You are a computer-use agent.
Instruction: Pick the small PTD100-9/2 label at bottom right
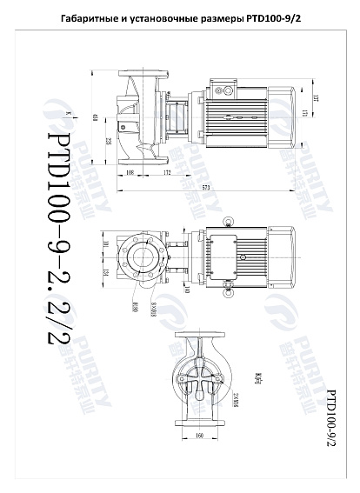[x=330, y=417]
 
